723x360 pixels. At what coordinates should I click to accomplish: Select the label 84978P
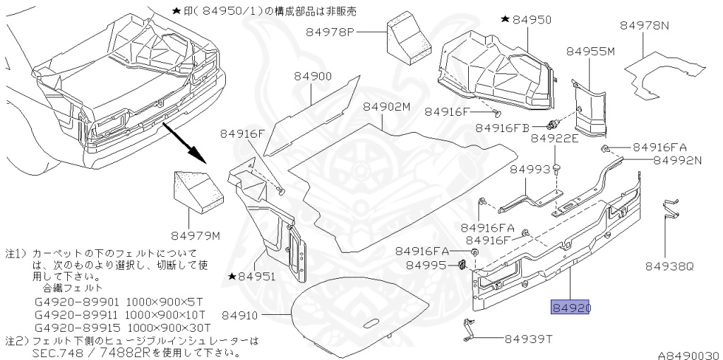click(334, 32)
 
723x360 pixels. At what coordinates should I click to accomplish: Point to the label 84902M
click(386, 107)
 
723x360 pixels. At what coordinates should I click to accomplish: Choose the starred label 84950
click(526, 20)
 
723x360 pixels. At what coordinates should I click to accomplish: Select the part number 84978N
click(645, 25)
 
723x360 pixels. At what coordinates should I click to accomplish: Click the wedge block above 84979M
click(197, 193)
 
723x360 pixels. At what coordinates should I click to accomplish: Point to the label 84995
click(426, 265)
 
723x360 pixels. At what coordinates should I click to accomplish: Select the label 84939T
click(527, 339)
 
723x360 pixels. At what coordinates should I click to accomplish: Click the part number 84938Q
click(669, 267)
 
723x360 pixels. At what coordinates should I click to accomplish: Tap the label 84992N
click(677, 160)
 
